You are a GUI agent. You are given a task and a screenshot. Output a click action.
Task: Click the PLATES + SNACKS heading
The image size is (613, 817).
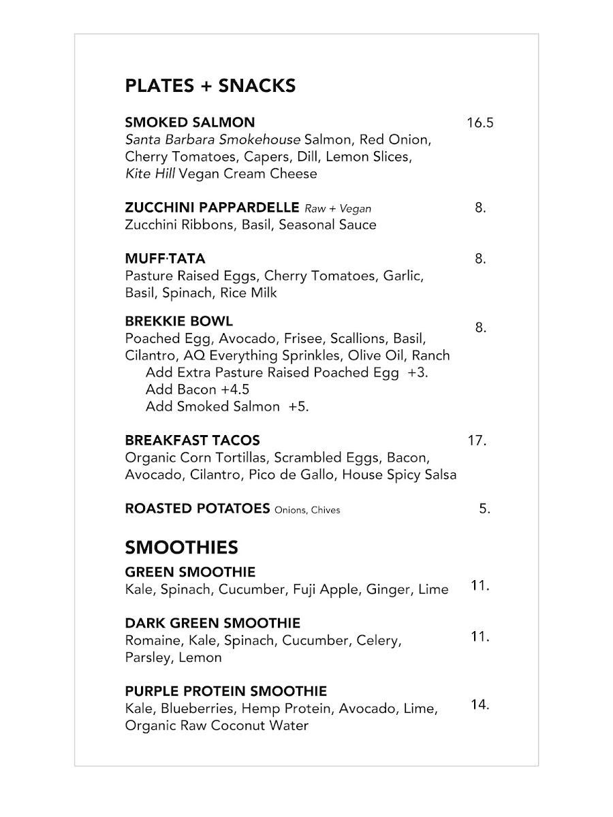point(210,86)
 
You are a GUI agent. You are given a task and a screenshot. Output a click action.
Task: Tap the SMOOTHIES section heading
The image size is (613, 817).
point(181,547)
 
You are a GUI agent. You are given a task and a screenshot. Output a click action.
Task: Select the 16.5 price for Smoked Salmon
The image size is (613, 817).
point(480,123)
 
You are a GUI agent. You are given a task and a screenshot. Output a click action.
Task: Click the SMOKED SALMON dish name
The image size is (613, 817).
point(190,123)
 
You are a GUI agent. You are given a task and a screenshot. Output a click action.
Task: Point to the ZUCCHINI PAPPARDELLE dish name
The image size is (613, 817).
point(212,208)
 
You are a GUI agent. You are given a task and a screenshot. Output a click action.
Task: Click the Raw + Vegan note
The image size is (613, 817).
point(338,208)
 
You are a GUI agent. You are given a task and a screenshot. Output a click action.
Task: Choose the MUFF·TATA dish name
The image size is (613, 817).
point(165,259)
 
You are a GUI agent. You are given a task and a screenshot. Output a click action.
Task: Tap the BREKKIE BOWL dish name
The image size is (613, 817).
point(179,321)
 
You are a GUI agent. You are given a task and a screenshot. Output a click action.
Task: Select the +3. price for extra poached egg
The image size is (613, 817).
point(418,372)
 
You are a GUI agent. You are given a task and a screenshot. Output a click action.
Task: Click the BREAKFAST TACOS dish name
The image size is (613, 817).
point(192,440)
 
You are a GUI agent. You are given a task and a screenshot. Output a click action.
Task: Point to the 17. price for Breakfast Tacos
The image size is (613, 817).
point(477,440)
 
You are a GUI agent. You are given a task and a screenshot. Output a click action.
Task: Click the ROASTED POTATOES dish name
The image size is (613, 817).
point(198,509)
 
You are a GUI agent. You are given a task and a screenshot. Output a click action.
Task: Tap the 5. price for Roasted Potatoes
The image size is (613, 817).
point(484,509)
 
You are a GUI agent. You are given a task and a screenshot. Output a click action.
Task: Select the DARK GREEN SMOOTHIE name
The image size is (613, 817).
point(213,623)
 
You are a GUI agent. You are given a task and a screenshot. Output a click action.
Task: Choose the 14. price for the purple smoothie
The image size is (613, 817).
point(480,705)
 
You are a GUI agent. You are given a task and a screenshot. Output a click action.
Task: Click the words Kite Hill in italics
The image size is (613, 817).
point(149,174)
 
